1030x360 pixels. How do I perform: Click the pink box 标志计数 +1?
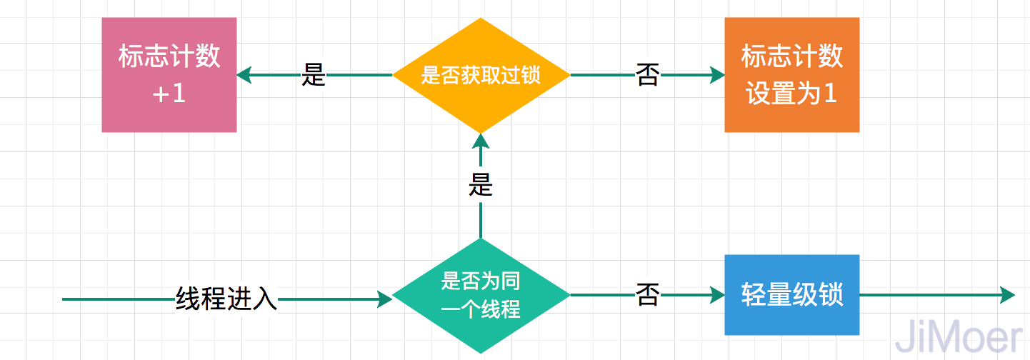[x=169, y=75]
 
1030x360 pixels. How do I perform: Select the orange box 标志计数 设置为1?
[x=791, y=75]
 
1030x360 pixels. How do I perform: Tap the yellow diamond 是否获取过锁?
[x=481, y=75]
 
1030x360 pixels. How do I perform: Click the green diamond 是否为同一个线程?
[x=481, y=295]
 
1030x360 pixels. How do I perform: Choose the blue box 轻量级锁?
[x=791, y=295]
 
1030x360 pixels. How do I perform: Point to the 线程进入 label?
[x=226, y=299]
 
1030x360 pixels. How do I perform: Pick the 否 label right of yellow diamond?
[x=647, y=75]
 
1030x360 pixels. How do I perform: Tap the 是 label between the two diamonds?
[x=481, y=186]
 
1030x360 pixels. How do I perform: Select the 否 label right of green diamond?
[x=647, y=295]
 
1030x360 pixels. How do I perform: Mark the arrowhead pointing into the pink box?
[x=244, y=75]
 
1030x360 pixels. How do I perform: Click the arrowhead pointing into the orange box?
[x=717, y=75]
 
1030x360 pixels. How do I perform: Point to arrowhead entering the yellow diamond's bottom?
[x=481, y=141]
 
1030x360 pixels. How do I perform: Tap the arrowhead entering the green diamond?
[x=385, y=299]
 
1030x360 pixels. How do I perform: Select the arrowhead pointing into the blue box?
[x=717, y=295]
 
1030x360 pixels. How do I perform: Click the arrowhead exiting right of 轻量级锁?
[x=1008, y=295]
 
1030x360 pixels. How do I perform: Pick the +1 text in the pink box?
[x=169, y=94]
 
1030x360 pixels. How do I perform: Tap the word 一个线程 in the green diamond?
[x=481, y=310]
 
